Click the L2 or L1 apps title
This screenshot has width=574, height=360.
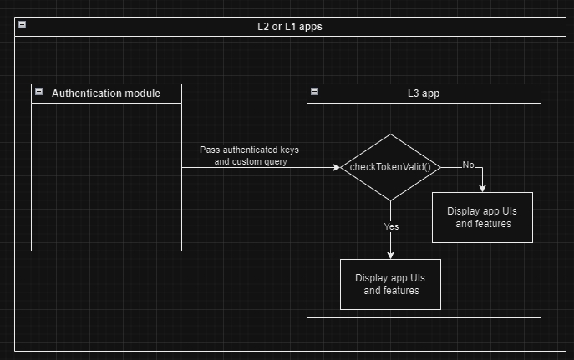point(289,26)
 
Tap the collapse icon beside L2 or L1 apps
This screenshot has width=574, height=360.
point(22,25)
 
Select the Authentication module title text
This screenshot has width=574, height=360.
point(106,93)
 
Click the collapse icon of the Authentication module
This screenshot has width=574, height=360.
point(38,92)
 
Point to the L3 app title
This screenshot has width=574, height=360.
point(423,93)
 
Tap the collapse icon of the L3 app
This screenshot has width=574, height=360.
point(314,92)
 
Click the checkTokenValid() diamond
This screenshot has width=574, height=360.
point(390,167)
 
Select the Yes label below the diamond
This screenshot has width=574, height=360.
point(391,226)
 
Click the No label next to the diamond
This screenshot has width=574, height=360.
point(468,165)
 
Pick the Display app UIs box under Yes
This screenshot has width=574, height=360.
point(390,284)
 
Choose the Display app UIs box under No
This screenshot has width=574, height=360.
point(482,217)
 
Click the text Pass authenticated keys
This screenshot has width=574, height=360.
point(249,150)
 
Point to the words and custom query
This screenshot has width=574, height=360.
point(251,161)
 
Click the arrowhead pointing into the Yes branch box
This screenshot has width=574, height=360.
point(390,254)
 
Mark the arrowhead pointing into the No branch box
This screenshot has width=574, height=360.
point(482,187)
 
